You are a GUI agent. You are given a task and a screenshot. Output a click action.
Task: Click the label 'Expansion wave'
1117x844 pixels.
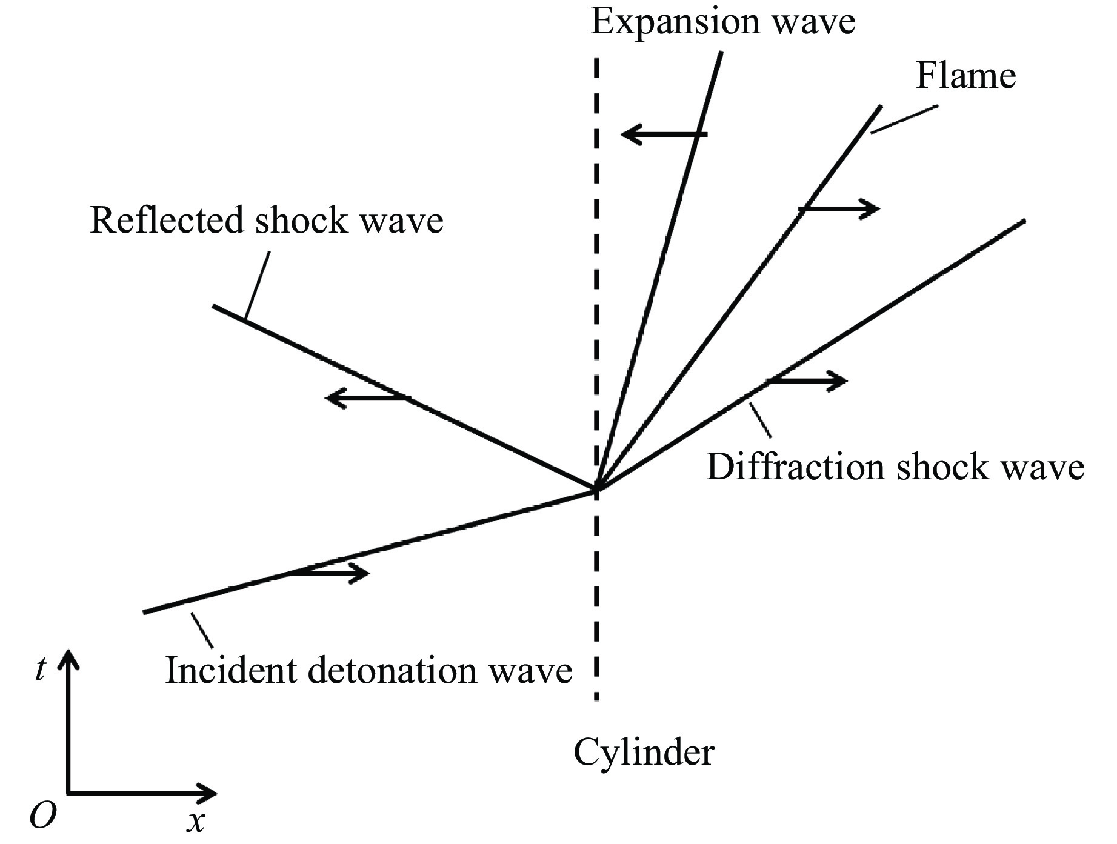(722, 22)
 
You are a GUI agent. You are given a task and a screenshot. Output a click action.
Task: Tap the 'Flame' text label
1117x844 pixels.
(965, 76)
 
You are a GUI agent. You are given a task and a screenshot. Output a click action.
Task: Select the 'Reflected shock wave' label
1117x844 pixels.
(267, 220)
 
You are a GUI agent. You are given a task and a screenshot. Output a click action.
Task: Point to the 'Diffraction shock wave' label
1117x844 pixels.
(895, 468)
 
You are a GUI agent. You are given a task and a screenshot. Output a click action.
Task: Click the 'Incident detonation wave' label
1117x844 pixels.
(368, 671)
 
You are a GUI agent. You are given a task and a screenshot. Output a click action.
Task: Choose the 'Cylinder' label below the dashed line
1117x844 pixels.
(644, 753)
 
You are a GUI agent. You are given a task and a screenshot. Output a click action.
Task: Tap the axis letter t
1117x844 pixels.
(40, 670)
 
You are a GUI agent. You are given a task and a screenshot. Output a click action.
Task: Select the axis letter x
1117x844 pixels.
(195, 822)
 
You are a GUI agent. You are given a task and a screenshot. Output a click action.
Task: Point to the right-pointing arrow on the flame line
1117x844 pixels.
(839, 209)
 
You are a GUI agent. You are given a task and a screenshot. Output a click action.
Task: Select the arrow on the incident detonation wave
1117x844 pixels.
(328, 573)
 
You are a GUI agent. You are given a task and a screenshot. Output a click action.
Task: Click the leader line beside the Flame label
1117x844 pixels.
(904, 119)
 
